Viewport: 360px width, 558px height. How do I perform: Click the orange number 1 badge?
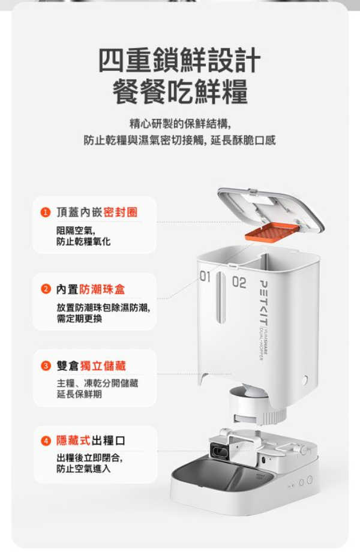coord(44,213)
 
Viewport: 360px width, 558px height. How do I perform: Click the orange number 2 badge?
coord(44,289)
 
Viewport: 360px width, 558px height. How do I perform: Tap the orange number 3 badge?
coord(45,366)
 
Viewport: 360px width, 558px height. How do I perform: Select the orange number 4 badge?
coord(45,440)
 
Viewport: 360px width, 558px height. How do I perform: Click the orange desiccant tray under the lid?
coord(271,232)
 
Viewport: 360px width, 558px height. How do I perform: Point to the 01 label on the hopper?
coord(205,277)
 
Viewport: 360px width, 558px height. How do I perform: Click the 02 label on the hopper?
coord(239,283)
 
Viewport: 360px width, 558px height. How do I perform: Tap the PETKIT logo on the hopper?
coord(265,302)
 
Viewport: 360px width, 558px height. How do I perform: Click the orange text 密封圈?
coord(120,212)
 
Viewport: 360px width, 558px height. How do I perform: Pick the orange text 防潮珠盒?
coord(102,289)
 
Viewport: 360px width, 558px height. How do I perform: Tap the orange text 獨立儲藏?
coord(103,366)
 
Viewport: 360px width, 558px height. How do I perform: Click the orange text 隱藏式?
coord(74,440)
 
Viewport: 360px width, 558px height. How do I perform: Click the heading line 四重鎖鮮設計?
coord(179,60)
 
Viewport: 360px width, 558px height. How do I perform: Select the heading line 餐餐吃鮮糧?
coord(180,91)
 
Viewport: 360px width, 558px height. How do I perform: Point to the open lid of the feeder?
coord(271,210)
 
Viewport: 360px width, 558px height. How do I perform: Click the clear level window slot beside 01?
coord(220,297)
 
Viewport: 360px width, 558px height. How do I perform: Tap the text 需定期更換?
coord(79,319)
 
